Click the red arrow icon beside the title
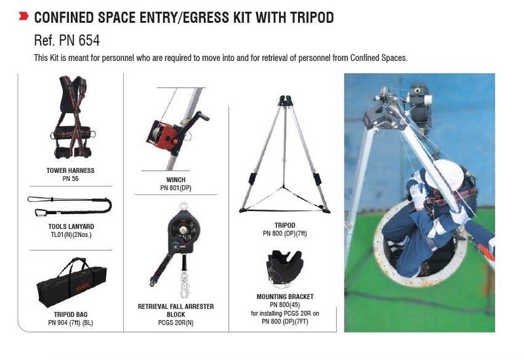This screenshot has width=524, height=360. point(24,16)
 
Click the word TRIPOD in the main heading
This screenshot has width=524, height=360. point(312,18)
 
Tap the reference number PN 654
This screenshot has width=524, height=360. point(79,41)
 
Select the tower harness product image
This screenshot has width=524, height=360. point(73,117)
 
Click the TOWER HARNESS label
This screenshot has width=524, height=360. point(71,170)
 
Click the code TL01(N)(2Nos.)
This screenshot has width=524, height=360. point(71,235)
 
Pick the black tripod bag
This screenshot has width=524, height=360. point(71,283)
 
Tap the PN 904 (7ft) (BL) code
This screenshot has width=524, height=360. point(71,323)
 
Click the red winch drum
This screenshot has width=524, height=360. point(164,135)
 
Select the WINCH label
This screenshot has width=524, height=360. point(176,179)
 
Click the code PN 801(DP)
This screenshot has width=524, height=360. point(176,188)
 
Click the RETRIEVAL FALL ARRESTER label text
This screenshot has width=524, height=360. point(176,310)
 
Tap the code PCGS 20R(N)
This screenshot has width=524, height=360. point(176,323)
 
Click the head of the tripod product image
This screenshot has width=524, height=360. point(284,101)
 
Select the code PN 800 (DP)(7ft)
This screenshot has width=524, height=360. point(285,234)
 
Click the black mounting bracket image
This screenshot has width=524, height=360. point(284,268)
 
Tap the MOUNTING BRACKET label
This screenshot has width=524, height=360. point(285,297)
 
